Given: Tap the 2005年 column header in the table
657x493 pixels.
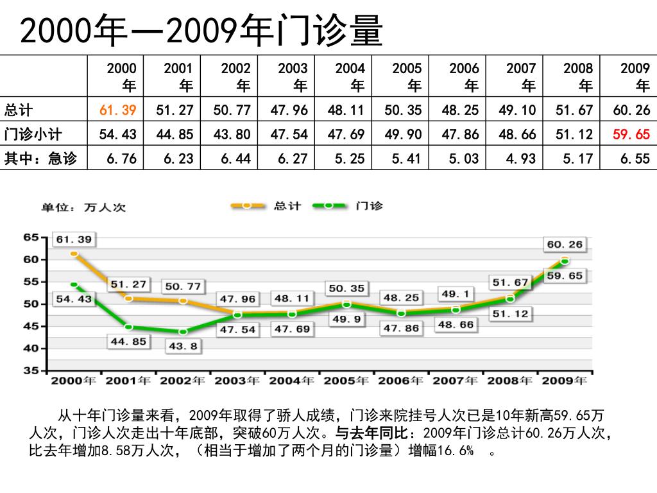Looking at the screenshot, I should tap(407, 76).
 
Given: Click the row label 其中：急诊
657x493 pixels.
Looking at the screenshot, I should tap(40, 159).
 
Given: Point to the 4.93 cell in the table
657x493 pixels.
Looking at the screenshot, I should tap(521, 159).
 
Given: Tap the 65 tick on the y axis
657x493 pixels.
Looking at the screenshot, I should tap(31, 238).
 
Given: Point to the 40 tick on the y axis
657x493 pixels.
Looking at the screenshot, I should tap(31, 349).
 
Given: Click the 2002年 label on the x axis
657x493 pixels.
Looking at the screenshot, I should tap(182, 381).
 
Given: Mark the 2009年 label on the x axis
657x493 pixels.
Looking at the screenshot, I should tap(564, 381).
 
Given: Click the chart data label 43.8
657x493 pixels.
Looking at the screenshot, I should tap(182, 347).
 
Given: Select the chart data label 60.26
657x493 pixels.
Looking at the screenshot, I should tap(565, 244).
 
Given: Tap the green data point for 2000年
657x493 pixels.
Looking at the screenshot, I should tap(74, 284).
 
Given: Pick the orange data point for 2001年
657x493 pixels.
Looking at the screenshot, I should tap(128, 298).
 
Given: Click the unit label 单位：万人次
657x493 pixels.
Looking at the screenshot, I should tap(84, 207).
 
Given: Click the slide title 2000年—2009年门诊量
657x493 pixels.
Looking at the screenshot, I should tap(201, 31).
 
